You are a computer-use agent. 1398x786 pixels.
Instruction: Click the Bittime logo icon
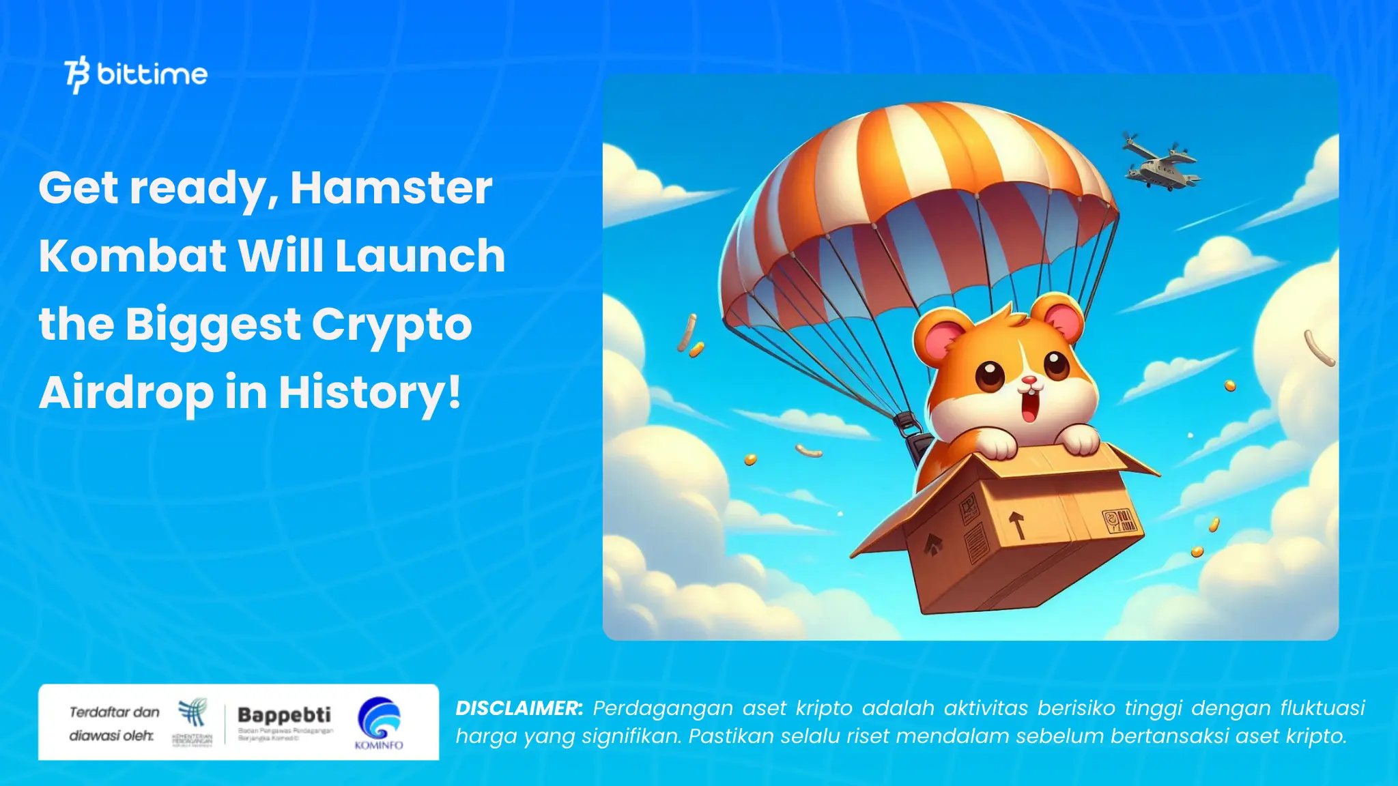[x=77, y=74]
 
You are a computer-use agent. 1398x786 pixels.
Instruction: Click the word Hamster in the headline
[x=391, y=188]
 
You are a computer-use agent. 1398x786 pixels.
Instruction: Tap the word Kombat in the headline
[x=132, y=256]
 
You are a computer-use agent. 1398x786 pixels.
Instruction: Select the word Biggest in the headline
[x=213, y=324]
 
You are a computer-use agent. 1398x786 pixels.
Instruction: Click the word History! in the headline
[x=370, y=393]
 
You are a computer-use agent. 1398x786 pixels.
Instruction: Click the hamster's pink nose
[x=1029, y=380]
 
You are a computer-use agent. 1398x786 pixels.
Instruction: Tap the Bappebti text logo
[x=284, y=714]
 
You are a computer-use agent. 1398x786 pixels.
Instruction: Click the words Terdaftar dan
[x=114, y=712]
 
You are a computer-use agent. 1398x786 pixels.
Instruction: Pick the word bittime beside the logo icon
[x=152, y=74]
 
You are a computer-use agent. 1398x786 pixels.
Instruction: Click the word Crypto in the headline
[x=392, y=324]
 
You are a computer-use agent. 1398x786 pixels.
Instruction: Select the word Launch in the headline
[x=420, y=256]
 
